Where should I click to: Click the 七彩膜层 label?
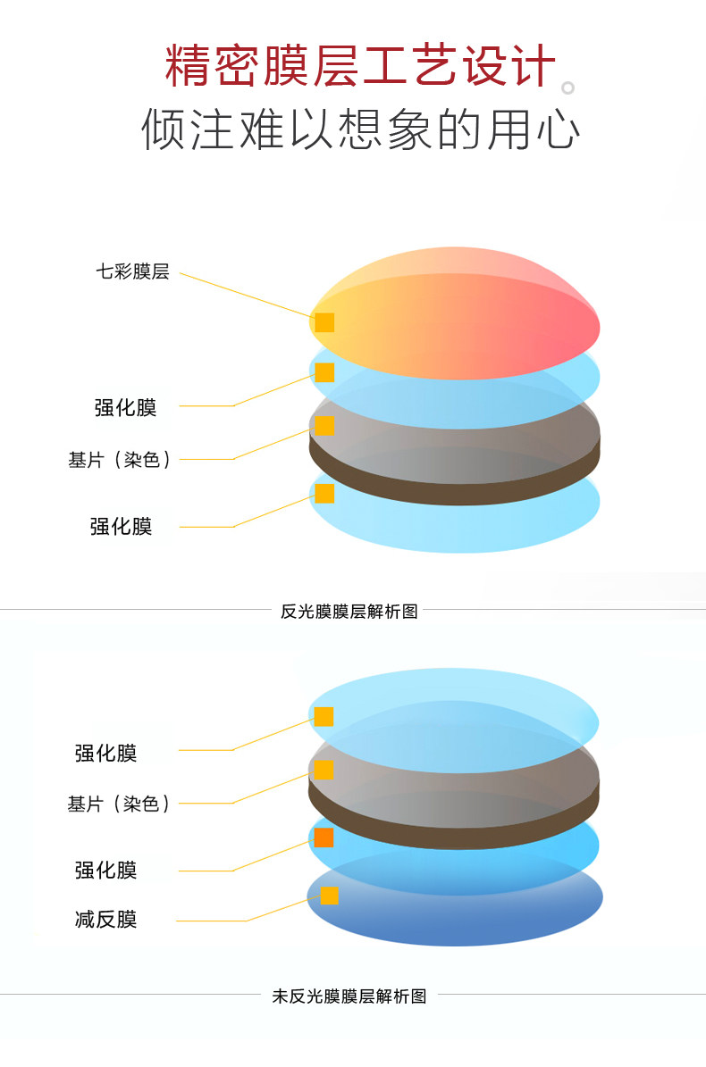[132, 272]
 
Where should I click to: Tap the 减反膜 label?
[105, 919]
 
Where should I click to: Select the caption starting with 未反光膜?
[349, 996]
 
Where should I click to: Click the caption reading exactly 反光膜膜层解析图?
[349, 612]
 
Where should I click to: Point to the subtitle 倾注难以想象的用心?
[360, 130]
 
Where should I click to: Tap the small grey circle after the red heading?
[567, 88]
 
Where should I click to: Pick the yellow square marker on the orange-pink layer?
[324, 322]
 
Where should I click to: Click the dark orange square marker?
[324, 838]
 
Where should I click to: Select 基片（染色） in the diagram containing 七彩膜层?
[120, 460]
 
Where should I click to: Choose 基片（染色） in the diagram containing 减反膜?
[119, 804]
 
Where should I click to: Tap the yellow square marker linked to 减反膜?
[330, 896]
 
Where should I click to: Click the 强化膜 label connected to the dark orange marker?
[105, 870]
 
